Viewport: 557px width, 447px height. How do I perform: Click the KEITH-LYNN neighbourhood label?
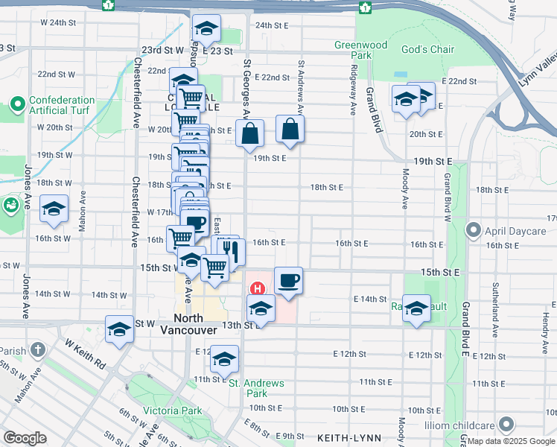click(x=343, y=437)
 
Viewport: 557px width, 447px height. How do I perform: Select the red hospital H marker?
click(x=258, y=288)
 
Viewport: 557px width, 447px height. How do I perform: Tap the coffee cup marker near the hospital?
click(x=288, y=280)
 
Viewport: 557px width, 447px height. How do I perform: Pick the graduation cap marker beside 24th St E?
click(x=206, y=29)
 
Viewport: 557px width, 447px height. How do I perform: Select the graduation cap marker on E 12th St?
click(x=224, y=359)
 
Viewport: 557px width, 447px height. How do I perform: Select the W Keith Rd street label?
click(x=86, y=355)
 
